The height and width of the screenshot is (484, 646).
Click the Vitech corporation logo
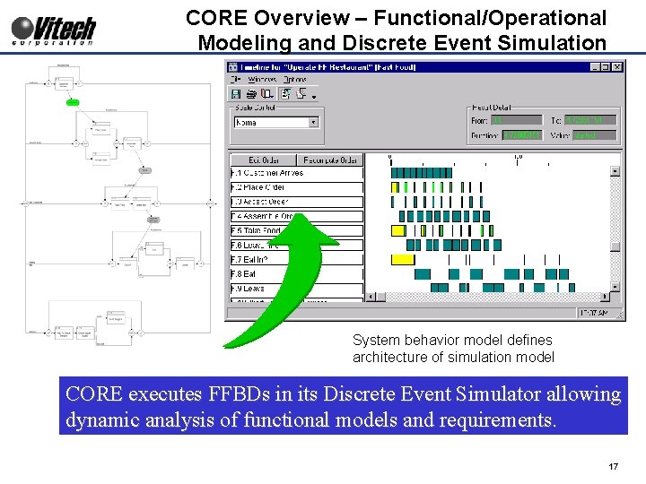54,29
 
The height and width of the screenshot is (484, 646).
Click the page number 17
614,467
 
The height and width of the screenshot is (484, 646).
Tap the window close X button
617,66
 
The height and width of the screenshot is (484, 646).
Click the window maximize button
606,66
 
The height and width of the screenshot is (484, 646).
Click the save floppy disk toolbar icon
236,93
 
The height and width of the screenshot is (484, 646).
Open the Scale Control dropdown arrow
313,122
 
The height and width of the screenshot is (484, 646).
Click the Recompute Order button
330,160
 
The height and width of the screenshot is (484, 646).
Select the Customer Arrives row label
296,173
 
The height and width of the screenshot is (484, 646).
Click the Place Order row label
296,187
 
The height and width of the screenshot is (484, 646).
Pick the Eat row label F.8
296,273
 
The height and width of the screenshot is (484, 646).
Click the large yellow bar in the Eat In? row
403,259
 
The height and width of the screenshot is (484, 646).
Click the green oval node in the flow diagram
73,101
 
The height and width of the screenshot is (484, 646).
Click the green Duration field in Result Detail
522,135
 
